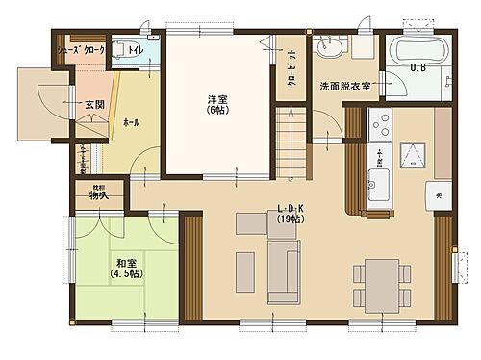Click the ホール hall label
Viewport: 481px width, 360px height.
click(131, 123)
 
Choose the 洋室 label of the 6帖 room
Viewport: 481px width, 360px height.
click(215, 100)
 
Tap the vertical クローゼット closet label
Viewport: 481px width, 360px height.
click(291, 67)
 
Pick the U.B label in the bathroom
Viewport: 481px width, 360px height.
click(418, 68)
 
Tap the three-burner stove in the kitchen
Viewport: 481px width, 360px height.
click(380, 125)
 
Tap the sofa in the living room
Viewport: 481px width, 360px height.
click(282, 270)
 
